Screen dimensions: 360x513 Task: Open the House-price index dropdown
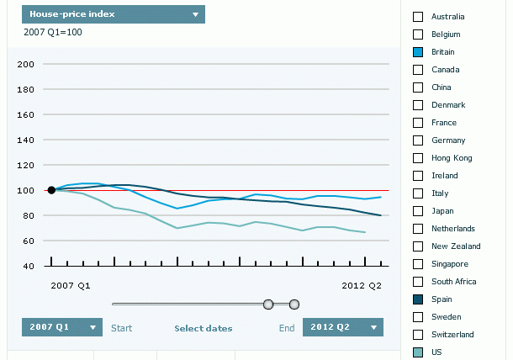pos(113,14)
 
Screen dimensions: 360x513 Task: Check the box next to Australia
pos(418,17)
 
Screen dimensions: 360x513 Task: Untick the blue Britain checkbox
pos(418,52)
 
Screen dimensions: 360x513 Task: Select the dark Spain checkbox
pos(418,299)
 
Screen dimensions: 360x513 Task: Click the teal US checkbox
pos(418,352)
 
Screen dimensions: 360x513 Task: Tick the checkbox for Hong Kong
pos(418,158)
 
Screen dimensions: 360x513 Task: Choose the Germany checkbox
pos(418,140)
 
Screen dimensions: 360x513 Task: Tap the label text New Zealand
pos(456,246)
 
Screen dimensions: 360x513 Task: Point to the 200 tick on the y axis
pos(25,64)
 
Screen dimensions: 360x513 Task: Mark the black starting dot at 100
pos(51,190)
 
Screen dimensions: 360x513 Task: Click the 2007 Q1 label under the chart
pos(71,286)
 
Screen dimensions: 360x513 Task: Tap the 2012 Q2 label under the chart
pos(362,286)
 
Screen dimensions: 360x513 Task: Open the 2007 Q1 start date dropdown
pos(62,327)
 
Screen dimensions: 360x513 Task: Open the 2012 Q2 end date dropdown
pos(343,327)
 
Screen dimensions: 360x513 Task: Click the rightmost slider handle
pos(294,304)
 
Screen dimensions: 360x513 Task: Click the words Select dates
pos(204,328)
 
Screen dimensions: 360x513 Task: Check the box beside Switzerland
pos(418,335)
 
